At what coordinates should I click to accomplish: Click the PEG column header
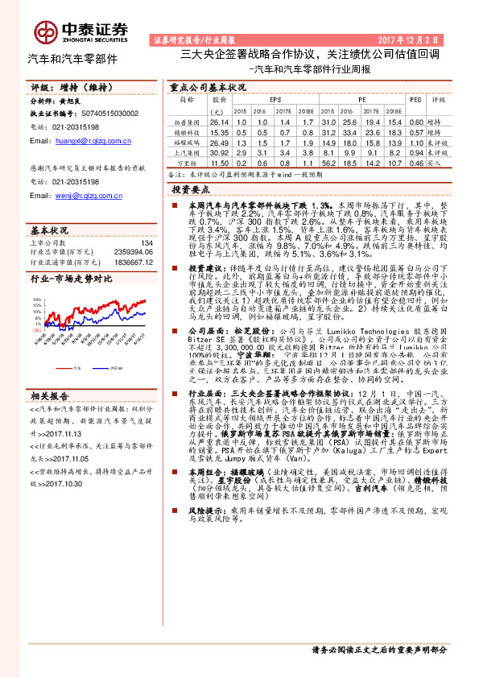tap(415, 99)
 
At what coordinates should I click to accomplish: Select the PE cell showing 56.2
tap(328, 162)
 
